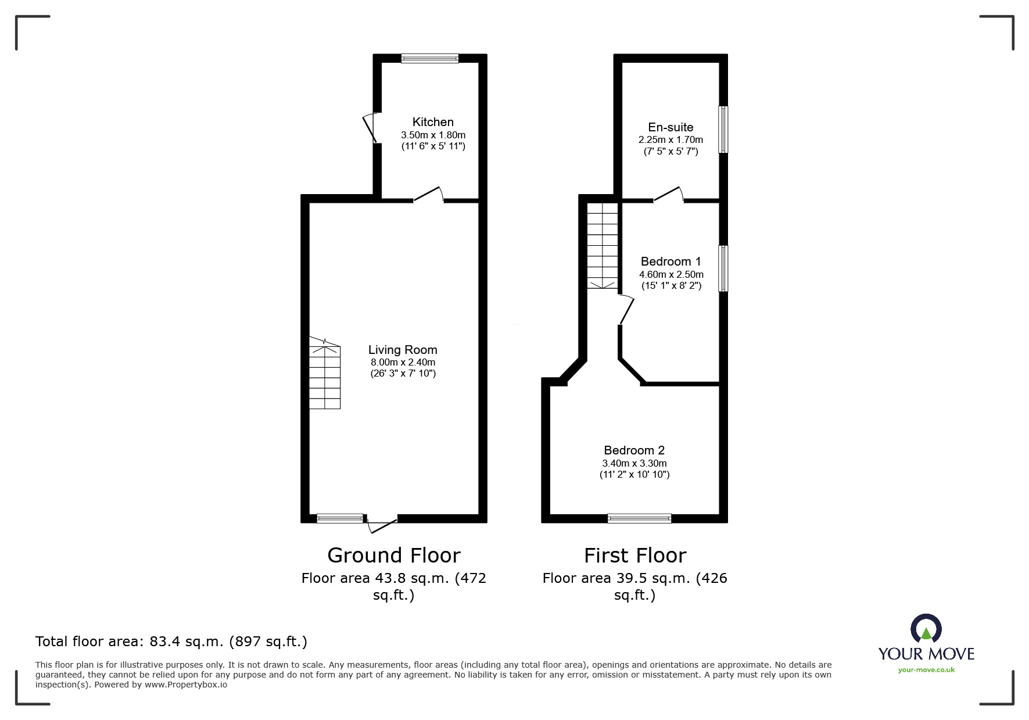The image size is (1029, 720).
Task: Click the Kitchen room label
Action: tap(433, 122)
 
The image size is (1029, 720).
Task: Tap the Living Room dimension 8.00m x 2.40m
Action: tap(403, 362)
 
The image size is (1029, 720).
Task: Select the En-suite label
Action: tap(671, 127)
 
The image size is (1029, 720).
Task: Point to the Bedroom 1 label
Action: tap(671, 262)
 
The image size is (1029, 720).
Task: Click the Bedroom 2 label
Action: tap(634, 450)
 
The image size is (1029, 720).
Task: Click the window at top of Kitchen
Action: tap(429, 58)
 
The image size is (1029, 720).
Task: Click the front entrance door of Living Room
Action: tap(382, 524)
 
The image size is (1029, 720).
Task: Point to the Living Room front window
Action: tap(340, 518)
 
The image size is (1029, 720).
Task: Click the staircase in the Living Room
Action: tap(324, 375)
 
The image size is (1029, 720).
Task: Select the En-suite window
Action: tap(723, 130)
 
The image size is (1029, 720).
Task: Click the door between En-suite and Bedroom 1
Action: tap(668, 195)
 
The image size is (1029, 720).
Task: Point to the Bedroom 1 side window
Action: tap(723, 268)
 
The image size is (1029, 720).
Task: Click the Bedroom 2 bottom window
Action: tap(639, 518)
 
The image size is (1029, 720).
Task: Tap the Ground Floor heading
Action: tap(393, 556)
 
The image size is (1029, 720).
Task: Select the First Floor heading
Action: tap(634, 556)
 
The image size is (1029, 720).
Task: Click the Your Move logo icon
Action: tap(926, 629)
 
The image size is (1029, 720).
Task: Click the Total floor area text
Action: tap(171, 642)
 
